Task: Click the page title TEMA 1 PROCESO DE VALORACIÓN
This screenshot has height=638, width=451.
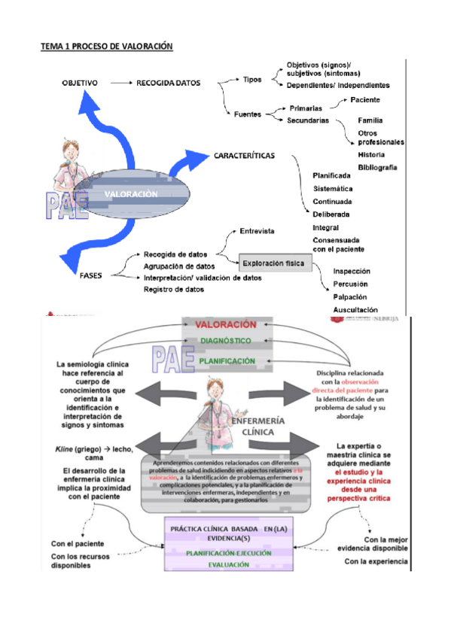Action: (x=106, y=47)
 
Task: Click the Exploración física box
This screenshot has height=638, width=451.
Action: (x=272, y=263)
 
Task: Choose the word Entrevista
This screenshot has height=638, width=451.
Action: (x=256, y=231)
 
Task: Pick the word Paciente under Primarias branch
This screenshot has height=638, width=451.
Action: (x=364, y=100)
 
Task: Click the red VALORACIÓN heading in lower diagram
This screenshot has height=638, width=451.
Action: (x=226, y=325)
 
